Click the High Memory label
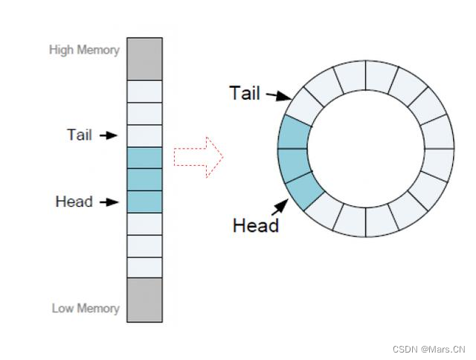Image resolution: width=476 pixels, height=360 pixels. [x=84, y=50]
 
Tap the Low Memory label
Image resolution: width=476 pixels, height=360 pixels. [x=86, y=308]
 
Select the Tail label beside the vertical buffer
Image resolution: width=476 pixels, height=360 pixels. [x=79, y=135]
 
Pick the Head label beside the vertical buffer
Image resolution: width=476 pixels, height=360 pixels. [x=74, y=202]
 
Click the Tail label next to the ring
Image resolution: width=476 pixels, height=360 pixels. [x=245, y=93]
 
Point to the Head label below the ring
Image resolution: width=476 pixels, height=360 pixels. [x=255, y=225]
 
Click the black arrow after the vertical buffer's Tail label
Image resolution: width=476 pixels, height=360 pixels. [x=109, y=135]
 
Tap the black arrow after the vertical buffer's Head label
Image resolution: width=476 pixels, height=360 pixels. [x=109, y=202]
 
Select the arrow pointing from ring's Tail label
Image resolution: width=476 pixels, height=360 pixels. [x=279, y=96]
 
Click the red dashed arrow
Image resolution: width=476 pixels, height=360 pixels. [x=199, y=157]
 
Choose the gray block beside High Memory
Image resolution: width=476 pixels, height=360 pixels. [x=144, y=59]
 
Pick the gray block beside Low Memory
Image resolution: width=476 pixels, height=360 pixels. [x=144, y=300]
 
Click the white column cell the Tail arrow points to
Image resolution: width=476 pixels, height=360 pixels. [x=144, y=136]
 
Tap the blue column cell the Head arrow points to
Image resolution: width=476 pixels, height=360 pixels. [x=144, y=202]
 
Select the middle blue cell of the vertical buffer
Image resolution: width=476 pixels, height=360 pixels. [x=144, y=179]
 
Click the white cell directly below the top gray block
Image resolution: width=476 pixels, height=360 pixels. [x=144, y=91]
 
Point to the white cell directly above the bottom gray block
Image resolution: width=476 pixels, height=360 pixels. [x=144, y=267]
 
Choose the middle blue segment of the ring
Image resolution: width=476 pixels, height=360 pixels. [x=293, y=162]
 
